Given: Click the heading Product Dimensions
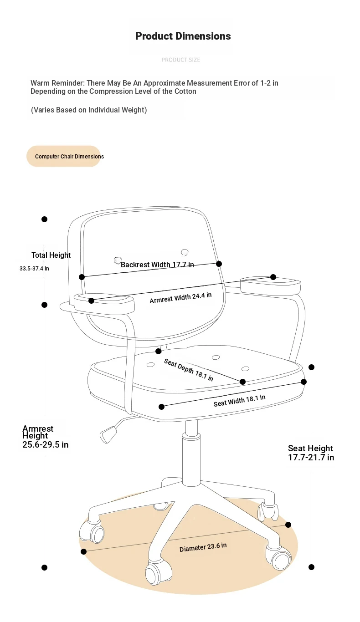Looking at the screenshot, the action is coord(183,36).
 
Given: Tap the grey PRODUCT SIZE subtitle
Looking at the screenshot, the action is coord(181,60).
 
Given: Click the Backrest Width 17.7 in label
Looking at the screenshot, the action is coord(157,265).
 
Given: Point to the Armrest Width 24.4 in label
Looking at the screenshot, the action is coord(180,298).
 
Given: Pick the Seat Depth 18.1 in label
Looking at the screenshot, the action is coord(189,370).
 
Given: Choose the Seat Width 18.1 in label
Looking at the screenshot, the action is coord(239,401).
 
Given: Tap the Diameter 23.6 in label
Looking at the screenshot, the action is coord(203,547).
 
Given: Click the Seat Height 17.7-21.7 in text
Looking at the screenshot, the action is coord(311,453).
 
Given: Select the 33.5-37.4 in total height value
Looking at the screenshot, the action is coord(34,269).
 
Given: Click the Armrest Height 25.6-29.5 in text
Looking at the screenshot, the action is coord(45,437).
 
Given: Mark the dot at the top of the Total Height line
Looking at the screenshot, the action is coord(44,219).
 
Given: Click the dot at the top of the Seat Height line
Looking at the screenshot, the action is coord(311,367).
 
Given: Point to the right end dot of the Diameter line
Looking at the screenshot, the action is coord(288,525).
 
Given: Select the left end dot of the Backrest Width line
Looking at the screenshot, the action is coord(82,277).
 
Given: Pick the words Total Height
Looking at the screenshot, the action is coord(51,255).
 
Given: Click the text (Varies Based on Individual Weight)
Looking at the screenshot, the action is coord(89,110).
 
